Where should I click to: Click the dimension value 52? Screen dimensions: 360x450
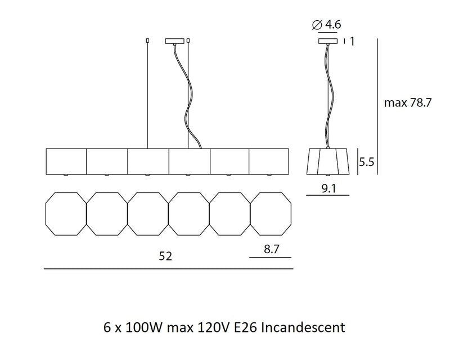point(165,256)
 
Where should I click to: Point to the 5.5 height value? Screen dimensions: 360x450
point(367,163)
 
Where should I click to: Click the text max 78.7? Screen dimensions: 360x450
point(406,103)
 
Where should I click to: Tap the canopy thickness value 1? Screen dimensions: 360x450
point(352,40)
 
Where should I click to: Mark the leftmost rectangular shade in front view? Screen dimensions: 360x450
point(65,161)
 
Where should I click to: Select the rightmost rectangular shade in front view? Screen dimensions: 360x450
point(269,161)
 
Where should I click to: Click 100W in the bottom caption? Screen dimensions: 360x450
point(135,326)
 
